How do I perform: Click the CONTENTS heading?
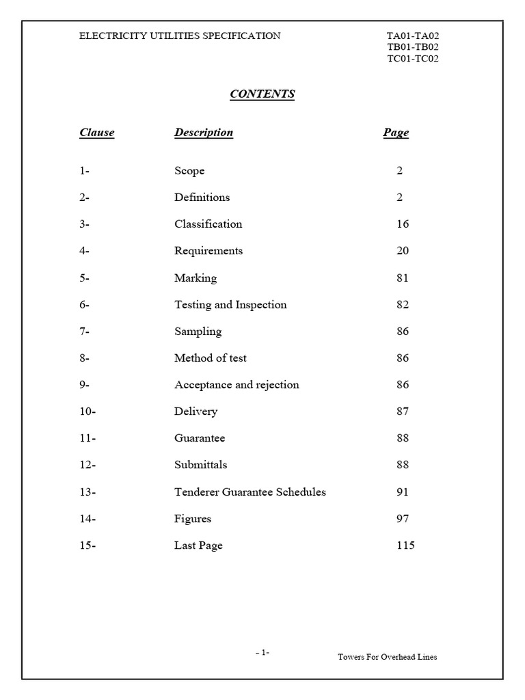(262, 94)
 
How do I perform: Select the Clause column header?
(96, 133)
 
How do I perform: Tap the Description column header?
(204, 133)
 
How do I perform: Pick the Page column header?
(396, 133)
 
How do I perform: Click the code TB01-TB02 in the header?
(412, 47)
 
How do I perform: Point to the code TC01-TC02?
(412, 59)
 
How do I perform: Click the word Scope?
(189, 171)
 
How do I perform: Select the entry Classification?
(208, 224)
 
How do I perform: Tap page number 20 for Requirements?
(403, 251)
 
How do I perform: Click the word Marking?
(196, 278)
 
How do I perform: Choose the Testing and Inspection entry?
(230, 305)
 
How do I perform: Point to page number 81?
(403, 278)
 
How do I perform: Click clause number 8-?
(85, 358)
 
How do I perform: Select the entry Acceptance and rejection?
(237, 385)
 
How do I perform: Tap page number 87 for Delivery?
(403, 412)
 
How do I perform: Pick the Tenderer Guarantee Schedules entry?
(250, 492)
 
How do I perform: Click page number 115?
(405, 546)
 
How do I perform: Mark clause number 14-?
(87, 519)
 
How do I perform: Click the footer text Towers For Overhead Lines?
(387, 657)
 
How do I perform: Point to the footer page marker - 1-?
(262, 653)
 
